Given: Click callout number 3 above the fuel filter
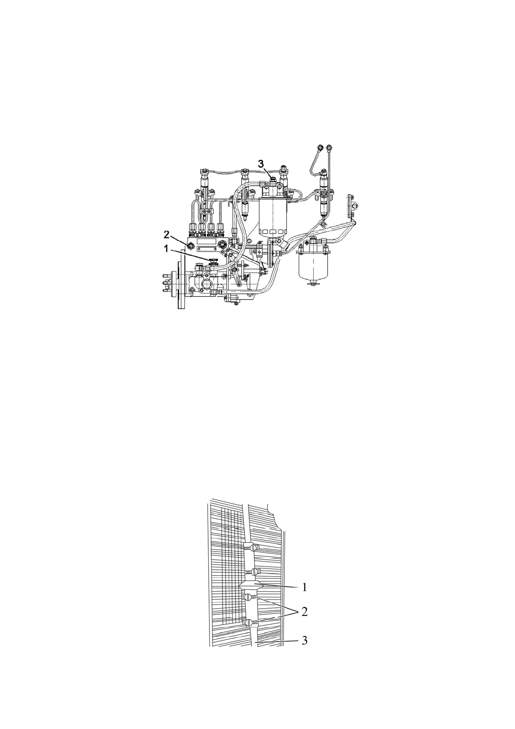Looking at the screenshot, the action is point(261,164).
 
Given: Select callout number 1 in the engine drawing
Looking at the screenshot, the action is point(166,249).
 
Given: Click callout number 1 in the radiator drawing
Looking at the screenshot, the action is point(305,587).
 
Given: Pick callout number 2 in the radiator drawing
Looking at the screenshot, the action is point(305,612).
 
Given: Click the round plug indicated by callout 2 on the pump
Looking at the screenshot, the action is point(190,246).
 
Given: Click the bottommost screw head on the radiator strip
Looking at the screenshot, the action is point(248,623).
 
